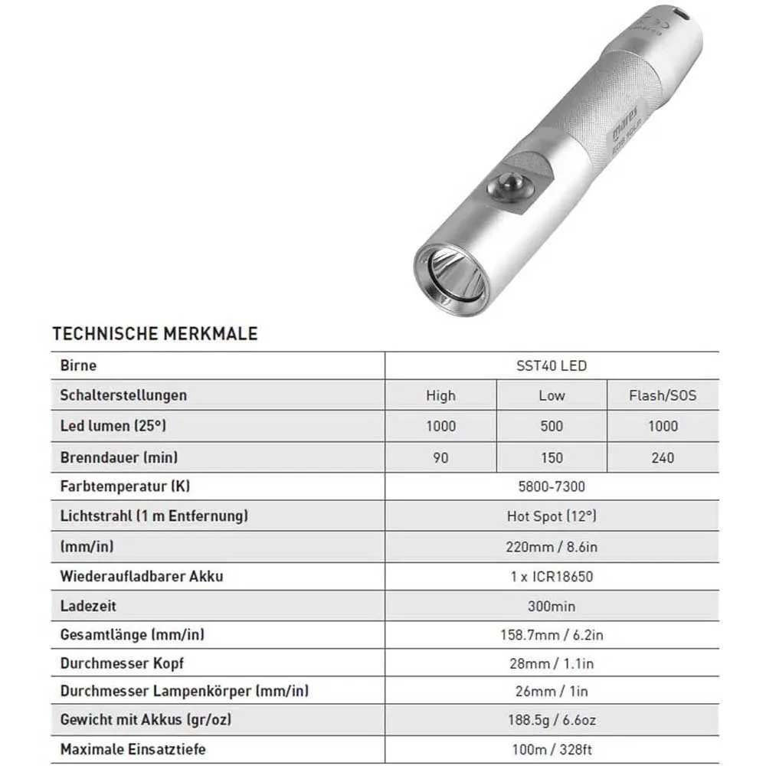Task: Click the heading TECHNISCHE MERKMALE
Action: click(155, 334)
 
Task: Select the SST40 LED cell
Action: click(552, 366)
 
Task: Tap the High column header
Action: click(440, 395)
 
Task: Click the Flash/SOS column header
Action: click(663, 395)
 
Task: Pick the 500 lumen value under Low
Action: click(552, 426)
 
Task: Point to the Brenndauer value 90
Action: click(440, 457)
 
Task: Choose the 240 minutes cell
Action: click(663, 457)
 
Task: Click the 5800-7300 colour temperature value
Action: click(552, 486)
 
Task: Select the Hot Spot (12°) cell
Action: click(552, 516)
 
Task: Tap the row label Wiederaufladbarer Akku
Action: click(142, 575)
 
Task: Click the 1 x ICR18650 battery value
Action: click(552, 576)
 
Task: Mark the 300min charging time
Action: click(552, 606)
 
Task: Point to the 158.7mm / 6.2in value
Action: click(552, 635)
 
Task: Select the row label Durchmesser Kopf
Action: click(122, 663)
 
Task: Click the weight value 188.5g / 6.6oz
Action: click(552, 721)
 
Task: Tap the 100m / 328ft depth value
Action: click(552, 749)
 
